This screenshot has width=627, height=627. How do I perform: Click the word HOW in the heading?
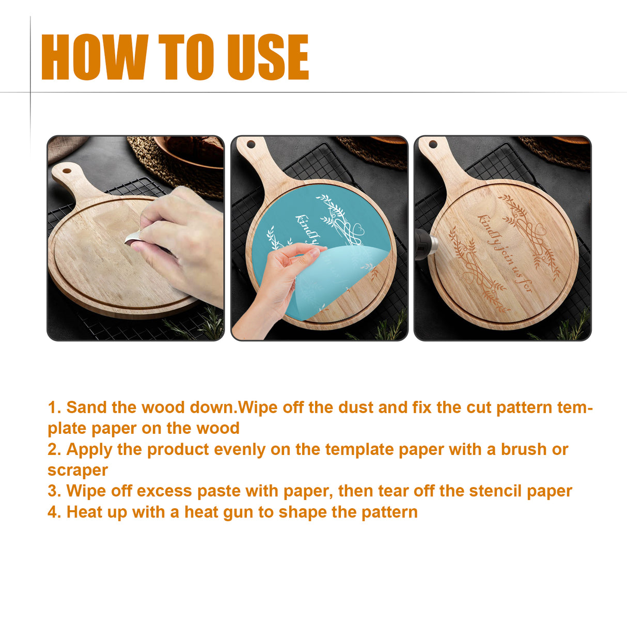coord(94,57)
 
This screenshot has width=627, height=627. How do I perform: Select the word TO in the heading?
coord(186,57)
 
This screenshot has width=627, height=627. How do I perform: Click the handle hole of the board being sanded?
coord(67,170)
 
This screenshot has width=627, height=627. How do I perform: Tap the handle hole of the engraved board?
coord(433,144)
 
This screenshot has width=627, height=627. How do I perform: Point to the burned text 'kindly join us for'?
coord(504,253)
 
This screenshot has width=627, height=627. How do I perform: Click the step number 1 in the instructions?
coord(53,407)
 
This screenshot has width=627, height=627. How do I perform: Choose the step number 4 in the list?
coord(54,512)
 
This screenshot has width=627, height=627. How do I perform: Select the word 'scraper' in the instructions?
coord(77,471)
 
